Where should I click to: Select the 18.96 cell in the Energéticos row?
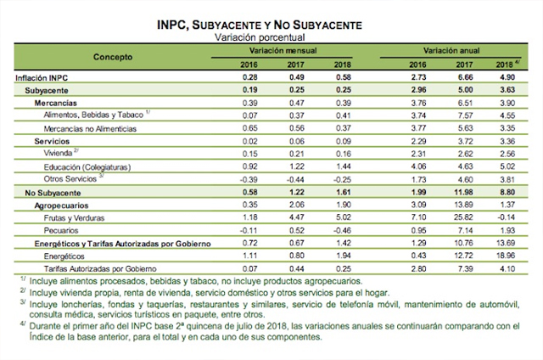(507, 256)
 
